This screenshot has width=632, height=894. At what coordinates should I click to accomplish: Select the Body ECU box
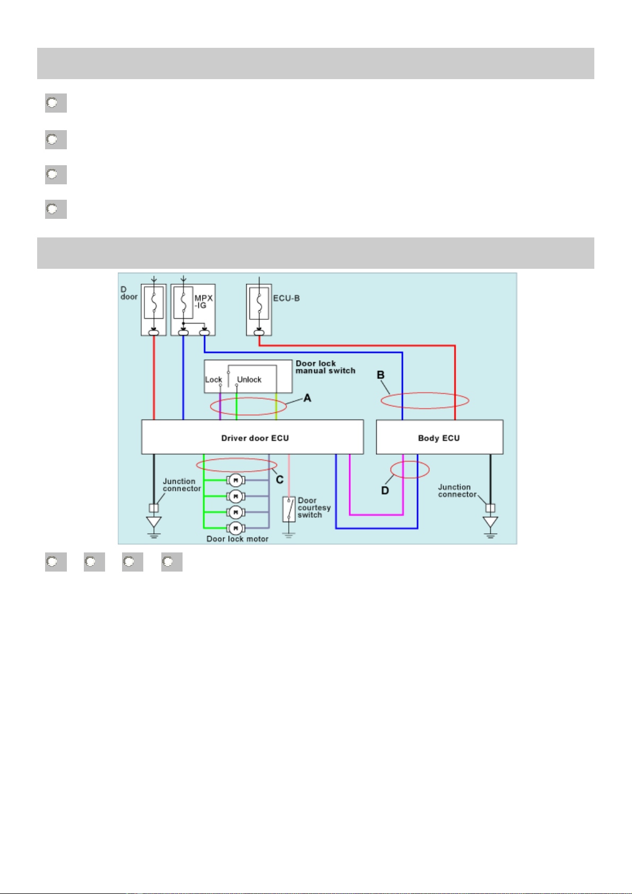click(x=439, y=437)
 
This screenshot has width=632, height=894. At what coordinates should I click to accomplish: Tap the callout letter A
click(x=307, y=398)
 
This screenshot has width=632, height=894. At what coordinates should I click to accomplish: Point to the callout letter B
click(x=380, y=375)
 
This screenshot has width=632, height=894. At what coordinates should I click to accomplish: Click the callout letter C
click(x=280, y=480)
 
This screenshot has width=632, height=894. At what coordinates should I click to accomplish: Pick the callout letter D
click(x=385, y=491)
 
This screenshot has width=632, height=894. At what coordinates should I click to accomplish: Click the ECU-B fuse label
click(x=287, y=299)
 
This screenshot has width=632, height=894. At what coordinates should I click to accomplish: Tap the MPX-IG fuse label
click(x=203, y=302)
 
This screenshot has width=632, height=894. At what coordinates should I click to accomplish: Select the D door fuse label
click(x=128, y=293)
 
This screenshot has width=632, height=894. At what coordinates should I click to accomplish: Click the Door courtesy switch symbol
click(x=289, y=509)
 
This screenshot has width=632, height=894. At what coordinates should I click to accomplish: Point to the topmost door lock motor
click(x=235, y=481)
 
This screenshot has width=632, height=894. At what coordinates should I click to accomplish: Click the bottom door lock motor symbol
click(x=235, y=528)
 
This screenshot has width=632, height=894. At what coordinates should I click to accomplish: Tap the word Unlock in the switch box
click(x=249, y=380)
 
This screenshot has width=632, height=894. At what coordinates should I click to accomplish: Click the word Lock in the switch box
click(x=213, y=380)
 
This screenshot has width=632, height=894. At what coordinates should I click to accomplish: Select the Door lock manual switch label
click(x=325, y=367)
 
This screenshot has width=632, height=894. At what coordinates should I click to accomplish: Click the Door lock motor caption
click(x=237, y=539)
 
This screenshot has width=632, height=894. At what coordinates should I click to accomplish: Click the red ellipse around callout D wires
click(x=410, y=470)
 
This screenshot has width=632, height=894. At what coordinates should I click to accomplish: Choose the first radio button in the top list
click(x=52, y=103)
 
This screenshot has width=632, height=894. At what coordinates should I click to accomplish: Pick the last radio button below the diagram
click(x=168, y=562)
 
